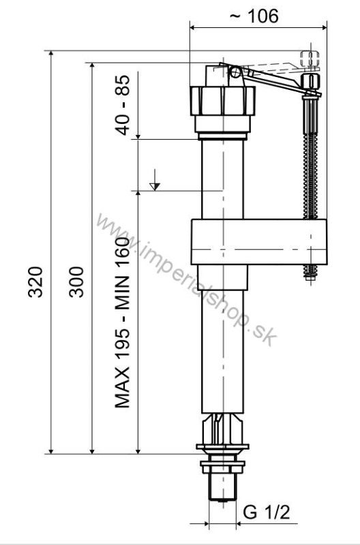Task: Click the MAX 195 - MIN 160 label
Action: point(123,323)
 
